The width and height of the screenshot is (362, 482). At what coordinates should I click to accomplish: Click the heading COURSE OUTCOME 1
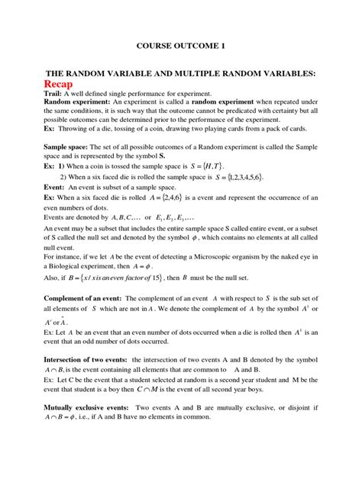pyautogui.click(x=180, y=47)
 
